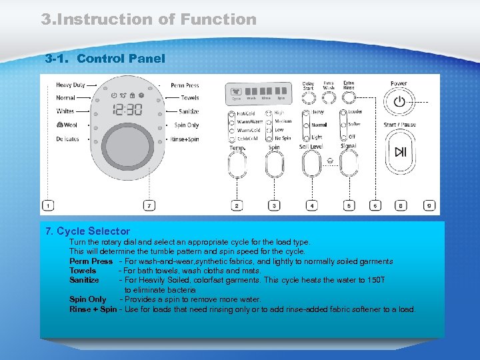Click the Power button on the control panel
pyautogui.click(x=399, y=102)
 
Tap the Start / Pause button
pyautogui.click(x=399, y=152)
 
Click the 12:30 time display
pyautogui.click(x=127, y=109)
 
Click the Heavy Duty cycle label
pyautogui.click(x=71, y=85)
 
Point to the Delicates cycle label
pyautogui.click(x=67, y=139)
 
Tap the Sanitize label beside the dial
pyautogui.click(x=189, y=111)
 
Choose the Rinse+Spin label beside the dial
pyautogui.click(x=185, y=139)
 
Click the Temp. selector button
pyautogui.click(x=238, y=163)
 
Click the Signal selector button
pyautogui.click(x=349, y=163)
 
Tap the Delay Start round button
pyautogui.click(x=308, y=98)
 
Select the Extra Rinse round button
pyautogui.click(x=349, y=98)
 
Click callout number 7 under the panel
pyautogui.click(x=149, y=206)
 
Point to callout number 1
pyautogui.click(x=48, y=206)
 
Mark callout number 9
pyautogui.click(x=430, y=206)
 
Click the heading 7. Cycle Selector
pyautogui.click(x=87, y=231)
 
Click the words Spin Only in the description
pyautogui.click(x=87, y=300)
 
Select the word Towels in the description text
pyautogui.click(x=83, y=271)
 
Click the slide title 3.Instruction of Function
pyautogui.click(x=149, y=19)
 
